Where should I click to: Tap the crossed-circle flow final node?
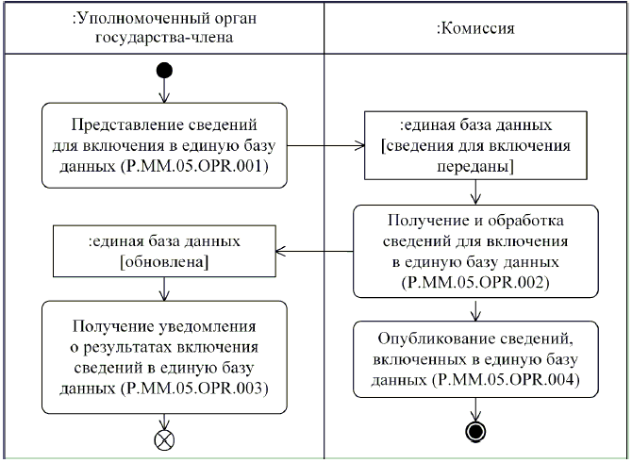click(164, 438)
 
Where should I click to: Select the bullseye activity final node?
click(477, 433)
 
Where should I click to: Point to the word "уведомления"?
click(202, 327)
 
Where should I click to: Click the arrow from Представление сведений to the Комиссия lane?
click(325, 145)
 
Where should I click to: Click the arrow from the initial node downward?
click(164, 91)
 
